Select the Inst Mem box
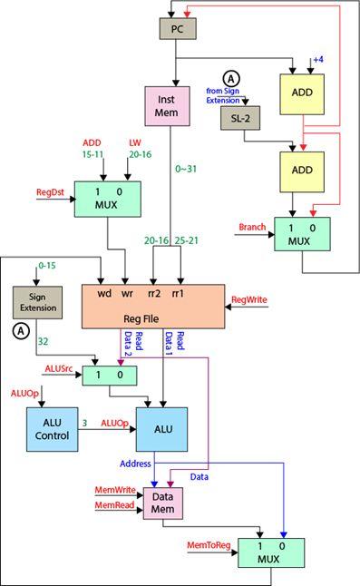pos(166,106)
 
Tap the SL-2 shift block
pos(240,119)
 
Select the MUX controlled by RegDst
pos(107,200)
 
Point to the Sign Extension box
pos(35,302)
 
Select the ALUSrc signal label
pos(61,368)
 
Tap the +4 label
pos(317,59)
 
